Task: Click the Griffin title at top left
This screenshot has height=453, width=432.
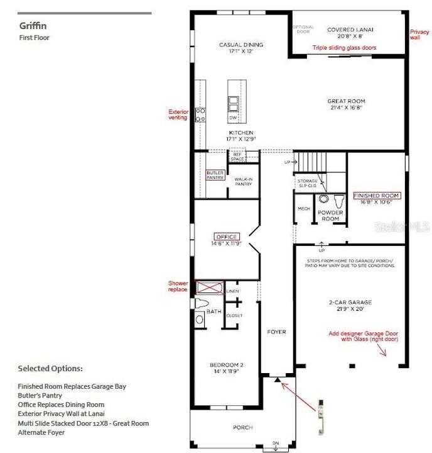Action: tap(33, 26)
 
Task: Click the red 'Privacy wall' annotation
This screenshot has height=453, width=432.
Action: tap(419, 34)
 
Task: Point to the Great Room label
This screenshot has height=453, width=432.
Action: tap(346, 101)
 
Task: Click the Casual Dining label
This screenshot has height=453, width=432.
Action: tap(240, 45)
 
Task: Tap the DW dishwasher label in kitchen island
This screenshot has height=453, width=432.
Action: tap(233, 118)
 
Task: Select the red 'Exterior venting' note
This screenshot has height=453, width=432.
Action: tap(178, 115)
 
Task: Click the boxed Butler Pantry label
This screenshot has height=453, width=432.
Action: tap(215, 175)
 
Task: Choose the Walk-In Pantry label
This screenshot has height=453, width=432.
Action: tap(243, 182)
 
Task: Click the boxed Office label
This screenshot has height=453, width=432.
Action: tap(227, 237)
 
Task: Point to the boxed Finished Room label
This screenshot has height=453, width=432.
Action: tap(376, 196)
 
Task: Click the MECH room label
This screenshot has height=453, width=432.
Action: tap(304, 208)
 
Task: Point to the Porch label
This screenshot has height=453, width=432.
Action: tap(242, 427)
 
